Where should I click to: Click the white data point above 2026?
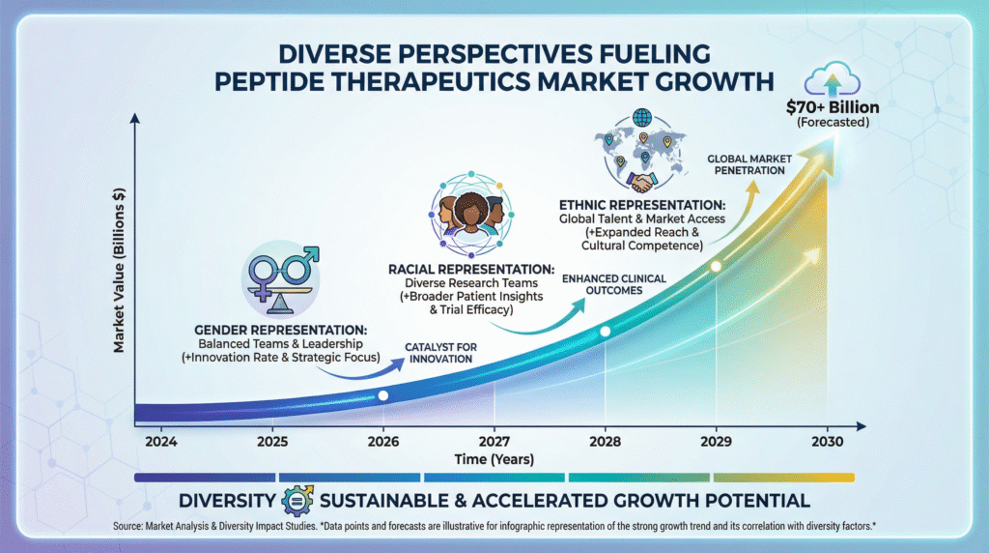(x=383, y=395)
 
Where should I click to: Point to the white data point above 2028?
(x=606, y=332)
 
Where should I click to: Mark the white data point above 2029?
(x=716, y=266)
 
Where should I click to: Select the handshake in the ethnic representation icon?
(x=641, y=181)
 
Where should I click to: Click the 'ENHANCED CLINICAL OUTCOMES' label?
(x=615, y=286)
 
